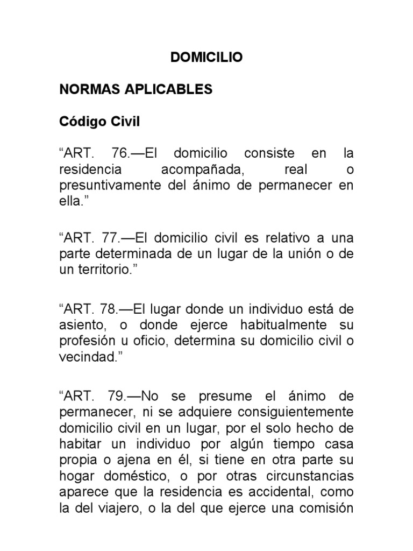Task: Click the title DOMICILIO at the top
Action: point(206,58)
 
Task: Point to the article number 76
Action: point(121,154)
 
